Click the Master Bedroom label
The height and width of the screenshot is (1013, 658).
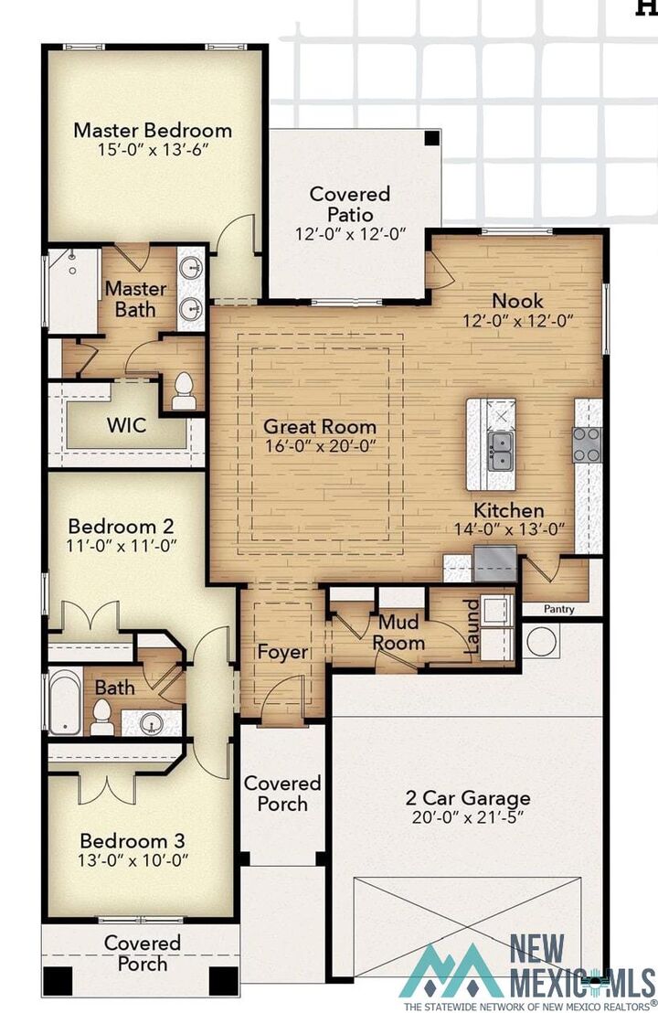coord(153,130)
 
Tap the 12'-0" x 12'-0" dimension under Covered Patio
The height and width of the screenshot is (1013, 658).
coord(350,233)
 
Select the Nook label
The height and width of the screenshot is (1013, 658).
coord(517,301)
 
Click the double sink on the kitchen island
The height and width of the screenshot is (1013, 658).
coord(500,451)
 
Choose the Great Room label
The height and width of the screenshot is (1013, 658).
coord(320,426)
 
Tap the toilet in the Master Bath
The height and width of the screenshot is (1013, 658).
coord(184,391)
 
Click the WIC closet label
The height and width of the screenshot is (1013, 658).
coord(126,425)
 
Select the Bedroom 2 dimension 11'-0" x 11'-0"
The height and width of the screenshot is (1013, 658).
coord(122,545)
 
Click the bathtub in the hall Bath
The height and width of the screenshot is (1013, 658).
coord(65,701)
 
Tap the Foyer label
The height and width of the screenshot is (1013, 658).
coord(282,652)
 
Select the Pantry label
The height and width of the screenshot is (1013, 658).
coord(558,609)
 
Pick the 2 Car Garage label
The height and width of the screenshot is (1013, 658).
coord(468,798)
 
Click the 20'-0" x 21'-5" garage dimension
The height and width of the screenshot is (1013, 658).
coord(468,817)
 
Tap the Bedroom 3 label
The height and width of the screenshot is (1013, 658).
coord(133,840)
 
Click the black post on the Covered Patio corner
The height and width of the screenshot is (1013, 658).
coord(432,138)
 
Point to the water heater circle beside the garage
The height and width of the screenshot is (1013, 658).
coord(541,641)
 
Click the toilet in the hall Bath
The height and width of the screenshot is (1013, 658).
coord(102,718)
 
